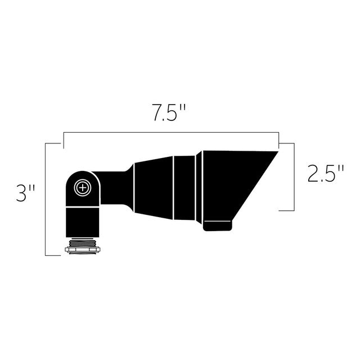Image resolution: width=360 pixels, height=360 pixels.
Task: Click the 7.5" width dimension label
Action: coord(168,114)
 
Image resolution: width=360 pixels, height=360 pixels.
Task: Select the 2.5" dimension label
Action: coord(326,173)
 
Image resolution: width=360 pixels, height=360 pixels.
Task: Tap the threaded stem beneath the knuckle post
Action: coord(83,239)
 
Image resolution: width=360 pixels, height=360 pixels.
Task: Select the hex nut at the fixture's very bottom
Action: coord(83,248)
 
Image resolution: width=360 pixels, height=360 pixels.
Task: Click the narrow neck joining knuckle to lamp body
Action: coord(115,186)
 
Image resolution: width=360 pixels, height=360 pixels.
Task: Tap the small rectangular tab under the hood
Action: coord(217,226)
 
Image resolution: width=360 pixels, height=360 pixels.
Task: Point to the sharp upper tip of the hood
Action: coord(276,152)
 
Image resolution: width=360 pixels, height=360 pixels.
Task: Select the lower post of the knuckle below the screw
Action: coord(83,219)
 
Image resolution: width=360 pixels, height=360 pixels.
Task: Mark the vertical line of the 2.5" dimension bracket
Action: coord(294,177)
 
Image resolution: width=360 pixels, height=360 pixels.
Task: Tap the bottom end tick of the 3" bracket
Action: coord(53,255)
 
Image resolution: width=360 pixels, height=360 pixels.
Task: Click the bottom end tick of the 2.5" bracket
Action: coord(286,210)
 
